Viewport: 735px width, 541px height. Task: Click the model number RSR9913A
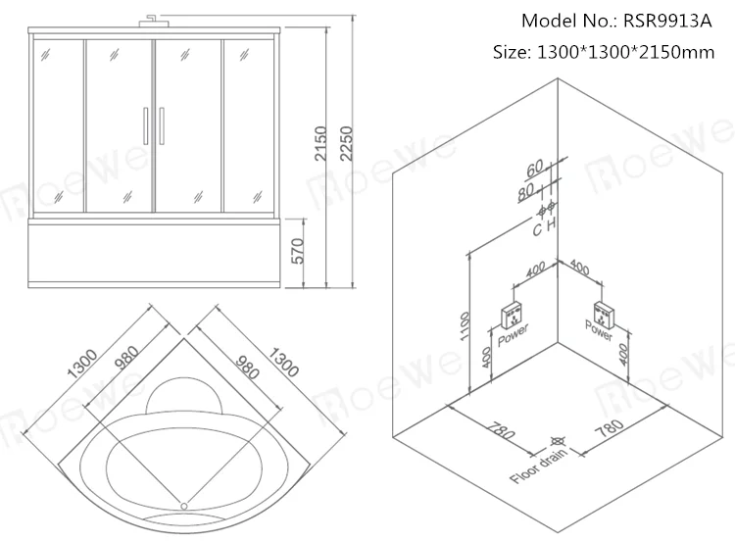coord(677,21)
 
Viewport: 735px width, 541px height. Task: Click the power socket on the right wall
coord(601,316)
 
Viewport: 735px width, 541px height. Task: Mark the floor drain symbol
coord(557,443)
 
